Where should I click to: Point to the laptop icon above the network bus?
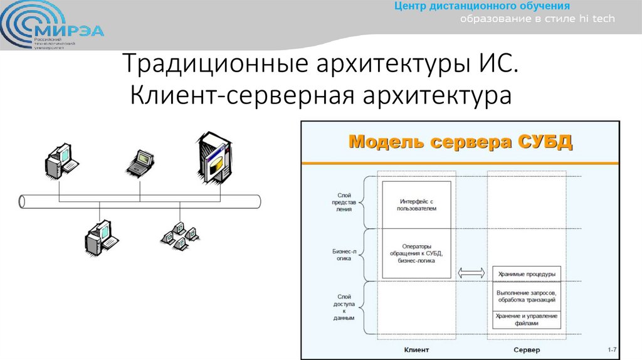(139, 162)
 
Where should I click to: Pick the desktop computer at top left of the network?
(61, 161)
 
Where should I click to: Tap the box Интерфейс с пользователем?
(416, 204)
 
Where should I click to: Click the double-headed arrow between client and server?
(471, 273)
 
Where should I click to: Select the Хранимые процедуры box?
(526, 274)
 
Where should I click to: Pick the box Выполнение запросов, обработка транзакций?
(526, 295)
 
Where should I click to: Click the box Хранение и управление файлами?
(526, 319)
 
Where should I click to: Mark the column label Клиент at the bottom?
(416, 349)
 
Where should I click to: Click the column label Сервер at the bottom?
(526, 349)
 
